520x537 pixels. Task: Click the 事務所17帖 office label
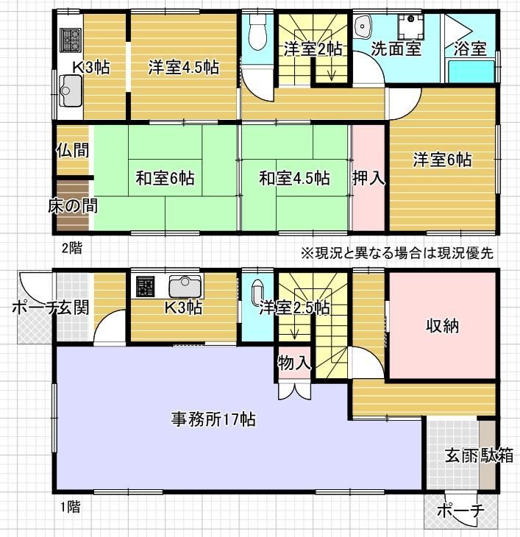coord(213,419)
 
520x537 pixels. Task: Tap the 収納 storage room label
coord(442,326)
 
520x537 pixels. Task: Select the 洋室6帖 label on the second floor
coord(442,160)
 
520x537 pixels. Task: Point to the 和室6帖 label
coord(165,178)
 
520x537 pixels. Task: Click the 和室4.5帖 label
coord(294,178)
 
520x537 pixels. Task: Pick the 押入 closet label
coord(368,178)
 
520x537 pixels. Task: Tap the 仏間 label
coord(73,150)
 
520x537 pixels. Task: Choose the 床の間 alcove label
coord(73,206)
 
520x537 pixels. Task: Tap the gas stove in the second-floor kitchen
coord(71,40)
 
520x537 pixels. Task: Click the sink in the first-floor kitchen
coord(185,285)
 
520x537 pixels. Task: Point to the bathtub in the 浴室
coord(471,71)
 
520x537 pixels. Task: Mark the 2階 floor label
coord(72,248)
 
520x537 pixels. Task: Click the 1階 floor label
coord(71,507)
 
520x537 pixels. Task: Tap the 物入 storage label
coord(294,363)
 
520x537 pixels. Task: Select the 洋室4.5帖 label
coord(183,67)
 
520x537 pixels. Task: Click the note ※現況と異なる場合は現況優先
coord(397,253)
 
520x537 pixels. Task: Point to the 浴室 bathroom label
coord(470,49)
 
